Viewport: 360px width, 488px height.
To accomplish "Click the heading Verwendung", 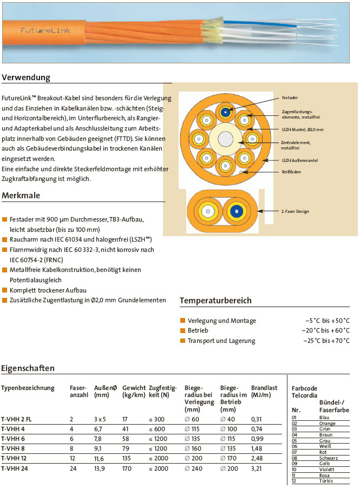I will (x=27, y=77).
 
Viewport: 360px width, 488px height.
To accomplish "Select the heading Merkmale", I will (x=21, y=196).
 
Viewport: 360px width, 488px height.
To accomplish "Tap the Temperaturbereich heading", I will (x=215, y=300).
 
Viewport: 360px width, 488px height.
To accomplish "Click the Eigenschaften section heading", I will (x=28, y=368).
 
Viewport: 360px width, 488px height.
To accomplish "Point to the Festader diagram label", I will (x=290, y=98).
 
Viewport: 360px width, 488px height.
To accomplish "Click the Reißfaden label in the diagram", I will (x=291, y=172).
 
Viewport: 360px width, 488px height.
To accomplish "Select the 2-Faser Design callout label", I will (x=295, y=211).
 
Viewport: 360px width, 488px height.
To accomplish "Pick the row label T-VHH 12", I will (x=15, y=458).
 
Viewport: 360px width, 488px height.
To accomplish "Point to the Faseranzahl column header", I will (x=78, y=392).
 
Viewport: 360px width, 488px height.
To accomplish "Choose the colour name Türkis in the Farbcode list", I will (x=325, y=481).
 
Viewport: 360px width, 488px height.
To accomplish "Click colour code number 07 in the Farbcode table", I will (x=294, y=451).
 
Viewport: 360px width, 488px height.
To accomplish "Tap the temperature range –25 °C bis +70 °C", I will (x=326, y=341).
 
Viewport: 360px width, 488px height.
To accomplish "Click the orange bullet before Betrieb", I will (x=183, y=330).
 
